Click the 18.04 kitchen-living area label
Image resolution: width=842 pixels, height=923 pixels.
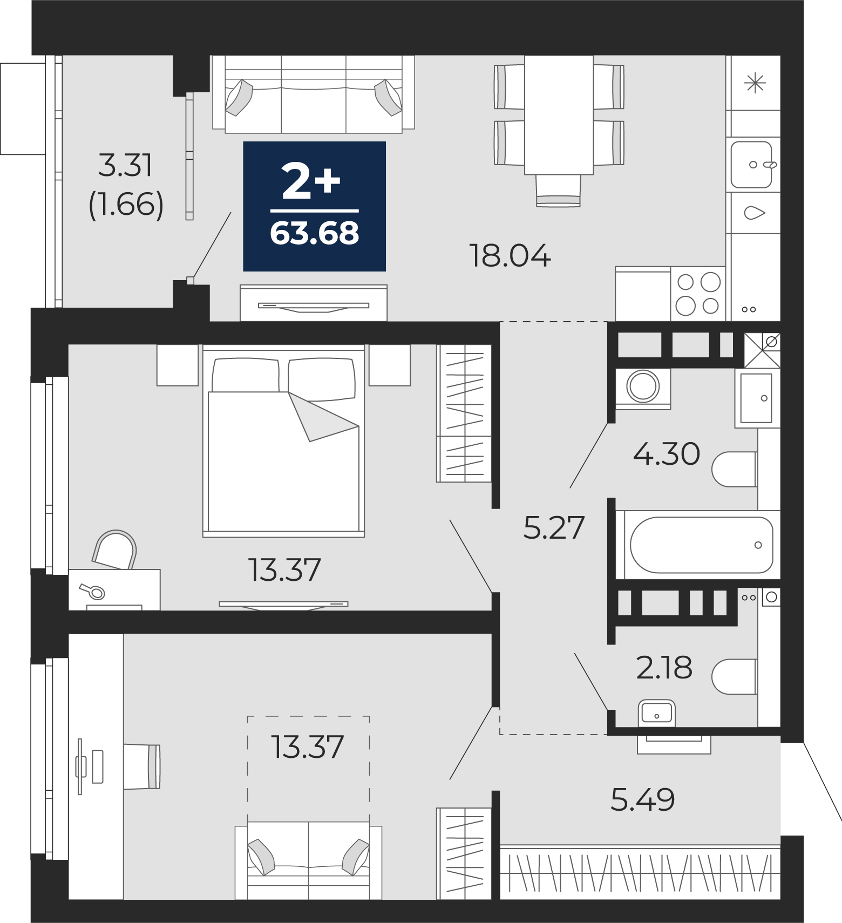click(x=510, y=256)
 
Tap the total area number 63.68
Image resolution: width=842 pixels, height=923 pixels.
click(x=315, y=234)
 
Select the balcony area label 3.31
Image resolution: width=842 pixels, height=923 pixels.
click(x=126, y=165)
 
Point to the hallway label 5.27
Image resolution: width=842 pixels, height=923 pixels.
click(x=554, y=527)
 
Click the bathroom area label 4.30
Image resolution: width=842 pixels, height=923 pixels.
click(x=667, y=453)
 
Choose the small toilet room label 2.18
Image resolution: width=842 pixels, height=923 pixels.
click(x=664, y=668)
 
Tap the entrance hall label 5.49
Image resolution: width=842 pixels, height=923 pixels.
click(x=642, y=799)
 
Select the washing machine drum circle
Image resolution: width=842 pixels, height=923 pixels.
click(x=643, y=386)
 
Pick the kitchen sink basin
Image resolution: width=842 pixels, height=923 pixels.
click(x=751, y=165)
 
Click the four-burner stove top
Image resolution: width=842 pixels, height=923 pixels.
click(x=698, y=294)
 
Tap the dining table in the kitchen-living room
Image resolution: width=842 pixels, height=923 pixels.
click(x=559, y=115)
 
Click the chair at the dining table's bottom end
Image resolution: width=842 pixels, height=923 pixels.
click(x=559, y=191)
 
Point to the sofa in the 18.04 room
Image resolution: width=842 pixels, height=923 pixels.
click(x=314, y=94)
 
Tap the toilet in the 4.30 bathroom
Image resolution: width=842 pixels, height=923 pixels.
click(x=735, y=469)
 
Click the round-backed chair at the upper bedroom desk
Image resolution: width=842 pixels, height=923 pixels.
click(x=115, y=549)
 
